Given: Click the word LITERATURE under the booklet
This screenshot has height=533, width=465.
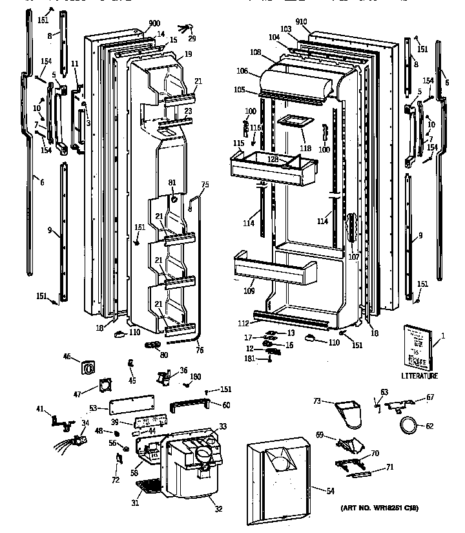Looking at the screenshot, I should [x=419, y=376].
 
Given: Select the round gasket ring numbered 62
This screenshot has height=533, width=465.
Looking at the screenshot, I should [x=408, y=426].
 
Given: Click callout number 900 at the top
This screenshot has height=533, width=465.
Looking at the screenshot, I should [x=154, y=23].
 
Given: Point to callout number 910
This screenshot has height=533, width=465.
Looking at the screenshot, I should [x=302, y=21].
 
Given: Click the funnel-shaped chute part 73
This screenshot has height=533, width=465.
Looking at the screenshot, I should [x=351, y=413].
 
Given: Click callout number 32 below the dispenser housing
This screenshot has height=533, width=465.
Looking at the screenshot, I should [x=218, y=509].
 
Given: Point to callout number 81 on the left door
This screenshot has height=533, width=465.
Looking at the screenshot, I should [x=172, y=183].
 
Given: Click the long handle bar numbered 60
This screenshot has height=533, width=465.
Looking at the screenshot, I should [x=191, y=405].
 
